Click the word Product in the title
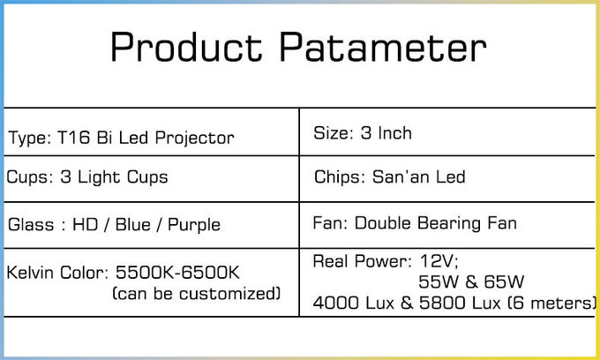pyautogui.click(x=186, y=47)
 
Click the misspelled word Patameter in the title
pyautogui.click(x=383, y=47)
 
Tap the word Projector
pyautogui.click(x=194, y=139)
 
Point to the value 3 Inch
pyautogui.click(x=386, y=133)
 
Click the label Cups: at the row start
pyautogui.click(x=30, y=177)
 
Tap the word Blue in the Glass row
pyautogui.click(x=132, y=225)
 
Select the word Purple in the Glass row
pyautogui.click(x=194, y=226)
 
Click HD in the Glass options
pyautogui.click(x=86, y=225)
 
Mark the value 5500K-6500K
pyautogui.click(x=177, y=273)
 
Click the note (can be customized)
pyautogui.click(x=197, y=294)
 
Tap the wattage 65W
pyautogui.click(x=504, y=282)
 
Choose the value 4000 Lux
pyautogui.click(x=354, y=303)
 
